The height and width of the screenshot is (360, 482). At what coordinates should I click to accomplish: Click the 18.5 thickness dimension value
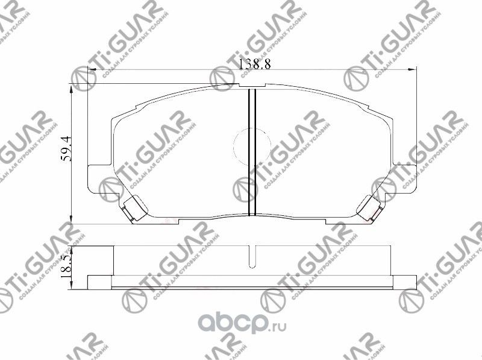point(67,264)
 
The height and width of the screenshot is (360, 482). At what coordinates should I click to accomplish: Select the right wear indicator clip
point(369,209)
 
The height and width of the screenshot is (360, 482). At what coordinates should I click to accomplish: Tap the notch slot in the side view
point(252,256)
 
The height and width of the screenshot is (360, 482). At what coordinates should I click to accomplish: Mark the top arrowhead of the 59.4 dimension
point(73,87)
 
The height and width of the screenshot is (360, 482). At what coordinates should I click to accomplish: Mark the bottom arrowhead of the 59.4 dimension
point(73,220)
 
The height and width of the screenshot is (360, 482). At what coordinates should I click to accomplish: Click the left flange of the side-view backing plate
point(100,281)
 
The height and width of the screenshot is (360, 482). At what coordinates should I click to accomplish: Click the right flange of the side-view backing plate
point(405,281)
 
